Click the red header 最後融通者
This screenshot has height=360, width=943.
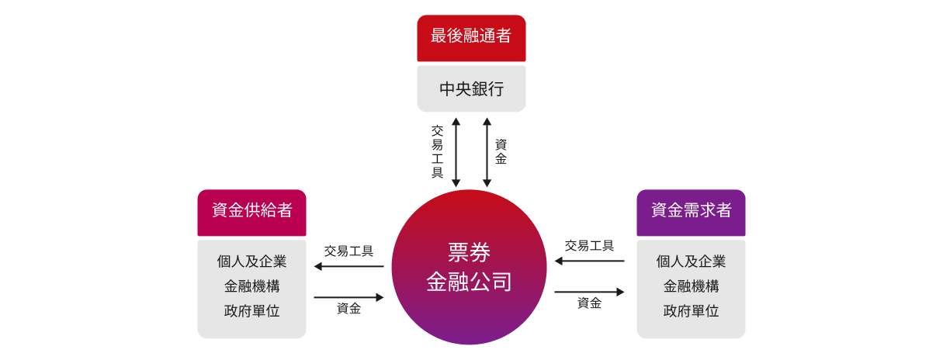tap(471, 36)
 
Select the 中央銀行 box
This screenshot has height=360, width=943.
tap(471, 88)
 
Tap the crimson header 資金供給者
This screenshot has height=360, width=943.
tap(251, 211)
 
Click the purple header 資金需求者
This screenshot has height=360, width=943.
tap(691, 211)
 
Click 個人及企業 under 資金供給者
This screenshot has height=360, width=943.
tap(251, 261)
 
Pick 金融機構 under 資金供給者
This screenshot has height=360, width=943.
tap(251, 286)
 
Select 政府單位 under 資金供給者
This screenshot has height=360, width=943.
tap(251, 311)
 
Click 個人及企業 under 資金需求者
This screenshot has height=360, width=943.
tap(691, 261)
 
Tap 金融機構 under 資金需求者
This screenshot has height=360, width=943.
tap(691, 286)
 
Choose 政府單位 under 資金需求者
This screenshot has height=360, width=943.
tap(691, 311)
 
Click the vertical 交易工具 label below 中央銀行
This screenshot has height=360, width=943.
tap(438, 152)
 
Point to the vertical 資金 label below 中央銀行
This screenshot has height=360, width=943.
tap(501, 152)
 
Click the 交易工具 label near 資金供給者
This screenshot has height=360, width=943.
tap(348, 251)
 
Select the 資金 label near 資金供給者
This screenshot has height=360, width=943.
tap(348, 309)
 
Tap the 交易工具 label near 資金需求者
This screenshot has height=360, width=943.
tap(589, 246)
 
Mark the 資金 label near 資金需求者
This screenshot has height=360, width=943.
tap(589, 303)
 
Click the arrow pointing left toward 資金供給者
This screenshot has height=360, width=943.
tap(348, 267)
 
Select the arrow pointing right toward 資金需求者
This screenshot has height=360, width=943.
tap(589, 292)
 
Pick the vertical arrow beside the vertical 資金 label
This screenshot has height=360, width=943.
tap(487, 152)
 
